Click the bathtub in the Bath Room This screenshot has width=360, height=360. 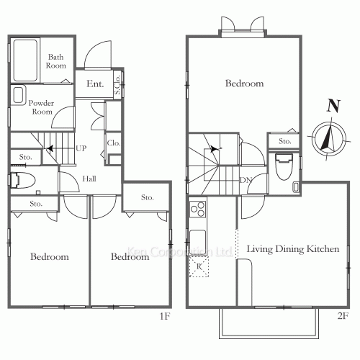click(x=25, y=60)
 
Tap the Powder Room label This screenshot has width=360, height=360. click(x=41, y=107)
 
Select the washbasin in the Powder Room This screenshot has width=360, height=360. click(x=18, y=95)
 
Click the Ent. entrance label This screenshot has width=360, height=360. click(x=95, y=84)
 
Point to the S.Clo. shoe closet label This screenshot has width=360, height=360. click(x=117, y=84)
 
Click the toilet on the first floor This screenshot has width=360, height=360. click(x=23, y=180)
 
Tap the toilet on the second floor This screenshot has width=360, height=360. click(x=284, y=166)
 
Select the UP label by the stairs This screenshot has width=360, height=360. click(x=81, y=148)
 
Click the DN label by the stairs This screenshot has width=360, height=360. click(x=246, y=180)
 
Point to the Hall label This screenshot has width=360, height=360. click(x=89, y=179)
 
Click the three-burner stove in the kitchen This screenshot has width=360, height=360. click(x=198, y=209)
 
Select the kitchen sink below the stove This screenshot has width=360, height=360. click(x=198, y=242)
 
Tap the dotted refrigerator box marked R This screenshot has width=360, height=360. click(x=199, y=266)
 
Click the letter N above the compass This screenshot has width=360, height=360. click(x=333, y=106)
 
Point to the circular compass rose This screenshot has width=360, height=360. click(x=329, y=139)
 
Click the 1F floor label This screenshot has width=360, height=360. click(x=165, y=316)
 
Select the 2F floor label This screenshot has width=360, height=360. click(x=343, y=316)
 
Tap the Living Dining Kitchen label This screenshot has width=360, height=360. click(x=293, y=249)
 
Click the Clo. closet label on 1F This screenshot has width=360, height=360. click(x=114, y=143)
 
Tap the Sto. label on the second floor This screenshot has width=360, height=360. click(x=285, y=141)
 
